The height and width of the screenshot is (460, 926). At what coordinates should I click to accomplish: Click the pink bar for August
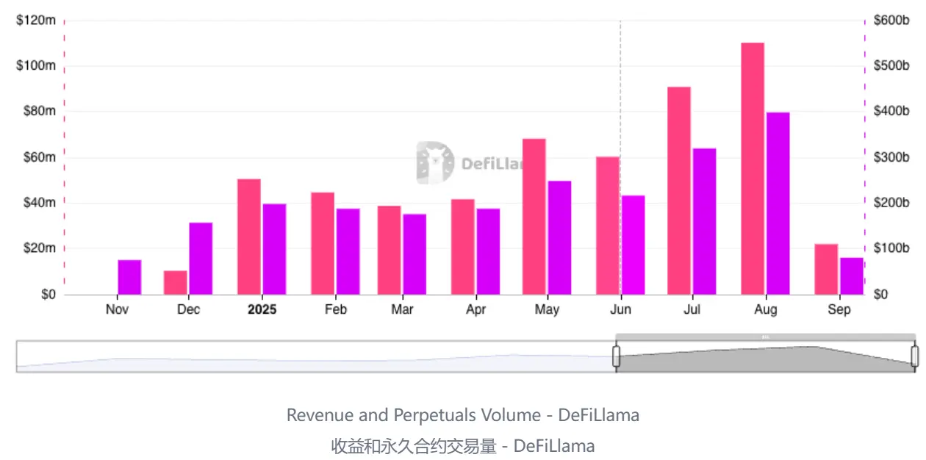(753, 169)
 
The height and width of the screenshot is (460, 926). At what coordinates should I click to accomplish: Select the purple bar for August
(778, 204)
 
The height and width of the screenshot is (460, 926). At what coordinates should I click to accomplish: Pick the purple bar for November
(129, 277)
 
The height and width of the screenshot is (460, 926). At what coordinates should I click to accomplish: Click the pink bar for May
(534, 217)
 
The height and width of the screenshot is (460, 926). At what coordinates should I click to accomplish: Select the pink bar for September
(826, 269)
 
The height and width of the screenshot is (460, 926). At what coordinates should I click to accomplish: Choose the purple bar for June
(633, 245)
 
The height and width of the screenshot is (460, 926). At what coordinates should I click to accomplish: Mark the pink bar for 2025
(249, 237)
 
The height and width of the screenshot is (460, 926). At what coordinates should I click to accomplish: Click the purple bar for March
(414, 254)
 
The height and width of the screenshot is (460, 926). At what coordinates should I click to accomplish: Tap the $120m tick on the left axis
(36, 21)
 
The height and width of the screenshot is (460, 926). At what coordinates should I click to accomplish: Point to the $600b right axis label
(891, 21)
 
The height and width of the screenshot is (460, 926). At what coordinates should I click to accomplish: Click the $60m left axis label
(36, 157)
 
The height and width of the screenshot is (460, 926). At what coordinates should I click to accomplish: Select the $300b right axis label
(891, 157)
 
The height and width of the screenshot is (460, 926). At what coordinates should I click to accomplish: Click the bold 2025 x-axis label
(262, 309)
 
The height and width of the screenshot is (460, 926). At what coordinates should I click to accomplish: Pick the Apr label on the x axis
(476, 309)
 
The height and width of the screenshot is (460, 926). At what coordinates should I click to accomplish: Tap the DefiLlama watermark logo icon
(435, 162)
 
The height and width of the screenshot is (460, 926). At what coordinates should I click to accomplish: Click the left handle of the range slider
(617, 356)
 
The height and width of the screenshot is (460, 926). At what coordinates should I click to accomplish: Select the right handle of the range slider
(914, 356)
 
